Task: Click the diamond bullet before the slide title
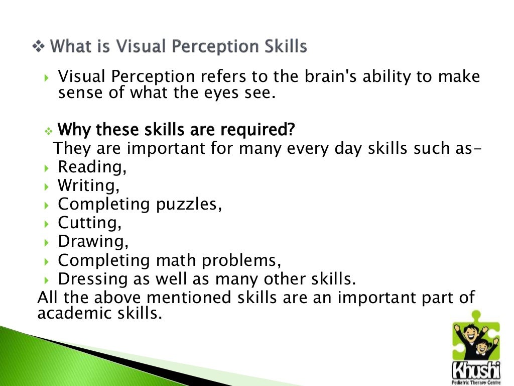(38, 47)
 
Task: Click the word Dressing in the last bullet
(92, 279)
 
